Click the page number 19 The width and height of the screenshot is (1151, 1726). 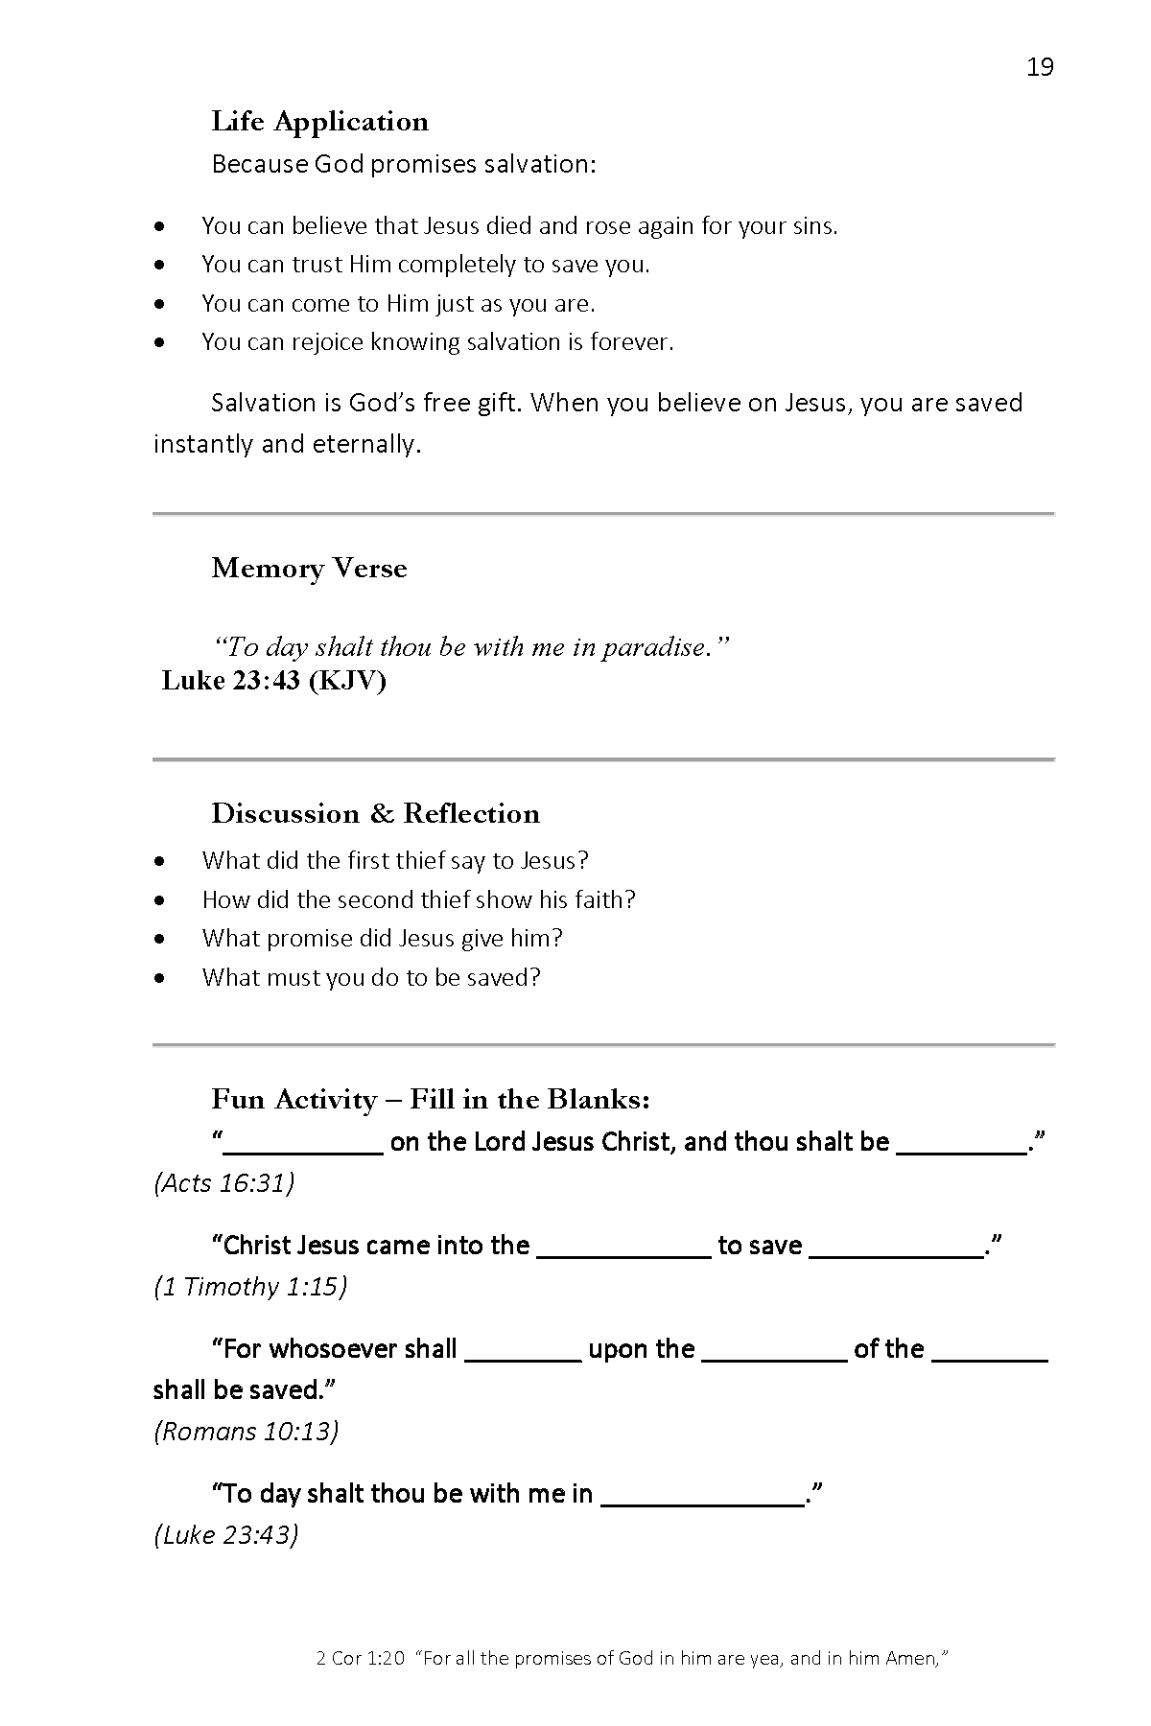pos(1040,67)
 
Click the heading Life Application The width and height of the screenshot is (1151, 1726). pos(319,122)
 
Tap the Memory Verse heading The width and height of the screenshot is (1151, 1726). pos(309,569)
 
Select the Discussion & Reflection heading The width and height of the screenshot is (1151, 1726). pos(375,814)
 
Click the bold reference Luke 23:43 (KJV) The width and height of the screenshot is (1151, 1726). pos(273,681)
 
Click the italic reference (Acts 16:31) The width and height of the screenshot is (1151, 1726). pos(223,1183)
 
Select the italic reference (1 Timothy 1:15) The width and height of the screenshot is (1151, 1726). pos(249,1287)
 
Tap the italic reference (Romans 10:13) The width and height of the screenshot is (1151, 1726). pos(246,1432)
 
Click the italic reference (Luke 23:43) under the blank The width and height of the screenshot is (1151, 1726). pos(225,1535)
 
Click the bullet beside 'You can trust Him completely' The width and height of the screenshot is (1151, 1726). pos(160,265)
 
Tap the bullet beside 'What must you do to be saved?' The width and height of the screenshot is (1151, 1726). pos(160,978)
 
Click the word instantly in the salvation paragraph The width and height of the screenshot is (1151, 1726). pos(203,445)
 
